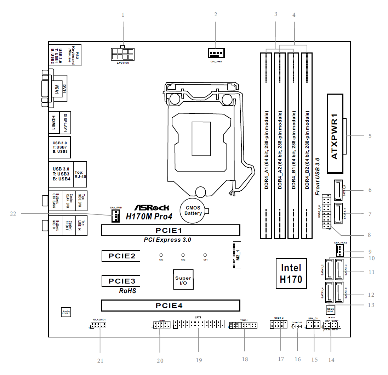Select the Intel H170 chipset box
point(291,273)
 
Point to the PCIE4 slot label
point(171,305)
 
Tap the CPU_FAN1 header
point(216,53)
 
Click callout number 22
point(13,213)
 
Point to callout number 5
point(370,136)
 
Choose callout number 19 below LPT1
point(199,360)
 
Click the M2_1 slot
point(236,255)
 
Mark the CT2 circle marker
point(183,255)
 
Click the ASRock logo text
point(152,208)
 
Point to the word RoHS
point(127,291)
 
